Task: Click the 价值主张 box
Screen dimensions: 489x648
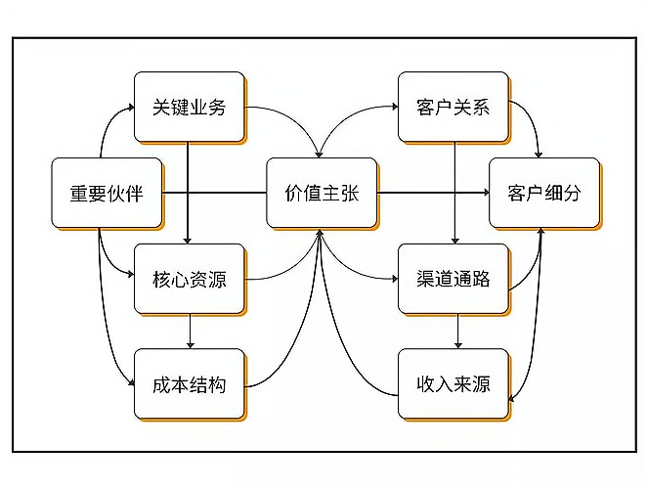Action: click(x=322, y=193)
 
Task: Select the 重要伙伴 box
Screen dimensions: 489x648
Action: click(x=106, y=193)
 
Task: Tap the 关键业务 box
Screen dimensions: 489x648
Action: click(x=189, y=107)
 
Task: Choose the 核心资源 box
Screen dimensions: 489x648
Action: click(x=189, y=279)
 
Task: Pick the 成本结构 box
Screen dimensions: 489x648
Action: click(x=189, y=384)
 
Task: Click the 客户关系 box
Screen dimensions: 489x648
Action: click(x=453, y=107)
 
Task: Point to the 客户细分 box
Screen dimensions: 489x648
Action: click(x=543, y=193)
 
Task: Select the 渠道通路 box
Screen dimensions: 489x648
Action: click(x=453, y=279)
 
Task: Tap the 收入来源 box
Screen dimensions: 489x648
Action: click(x=453, y=384)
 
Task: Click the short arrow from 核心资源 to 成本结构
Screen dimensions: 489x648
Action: click(x=190, y=332)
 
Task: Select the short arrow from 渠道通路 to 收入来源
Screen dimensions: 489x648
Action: click(x=457, y=332)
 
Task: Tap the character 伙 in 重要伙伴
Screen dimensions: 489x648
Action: click(x=115, y=193)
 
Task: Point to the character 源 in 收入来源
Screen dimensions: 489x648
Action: click(x=480, y=384)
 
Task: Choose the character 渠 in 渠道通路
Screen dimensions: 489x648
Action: click(x=424, y=279)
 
